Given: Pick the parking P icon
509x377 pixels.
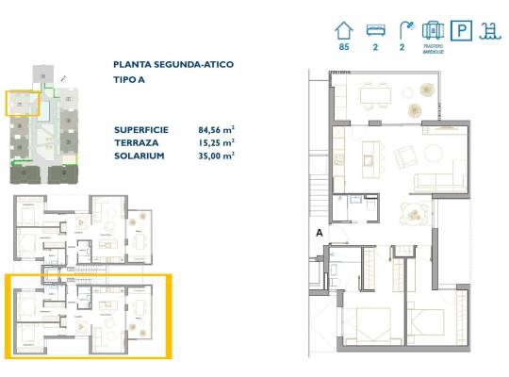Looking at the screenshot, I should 462,30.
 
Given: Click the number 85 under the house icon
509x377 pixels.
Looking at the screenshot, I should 343,47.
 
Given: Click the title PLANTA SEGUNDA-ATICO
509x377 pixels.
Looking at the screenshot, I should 173,64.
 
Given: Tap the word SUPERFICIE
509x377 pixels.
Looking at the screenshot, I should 141,129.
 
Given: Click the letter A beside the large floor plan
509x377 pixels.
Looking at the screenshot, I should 320,231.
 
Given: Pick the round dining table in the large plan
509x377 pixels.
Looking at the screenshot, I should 413,213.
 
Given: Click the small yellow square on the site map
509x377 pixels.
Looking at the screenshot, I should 22,102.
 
